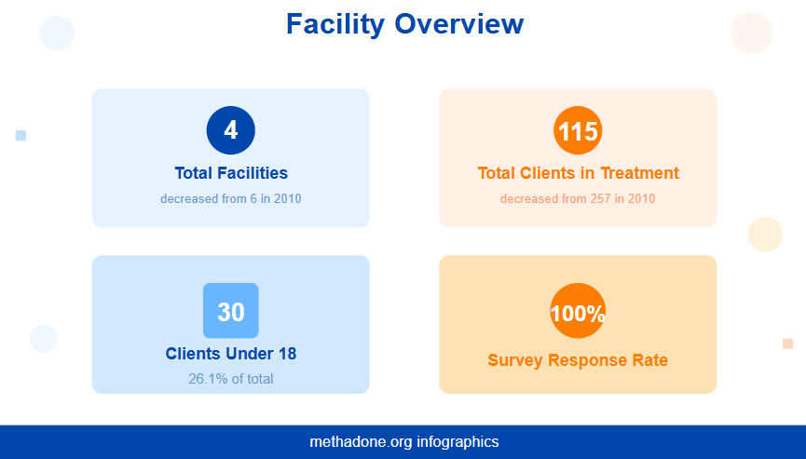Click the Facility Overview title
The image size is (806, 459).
pos(404,24)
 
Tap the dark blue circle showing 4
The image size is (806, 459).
pos(231,130)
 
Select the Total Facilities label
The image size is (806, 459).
pos(231,173)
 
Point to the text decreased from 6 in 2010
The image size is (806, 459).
pos(231,198)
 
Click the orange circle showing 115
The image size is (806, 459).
pos(578,130)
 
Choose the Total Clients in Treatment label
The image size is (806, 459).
pos(578,173)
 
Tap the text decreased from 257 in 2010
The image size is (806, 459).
pos(578,198)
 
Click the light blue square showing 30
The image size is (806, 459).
pos(231,311)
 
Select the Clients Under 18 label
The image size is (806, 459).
pos(231,354)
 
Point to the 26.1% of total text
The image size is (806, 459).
pos(231,379)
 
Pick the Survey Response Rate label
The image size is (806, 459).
pos(578,360)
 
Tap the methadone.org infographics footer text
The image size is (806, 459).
pos(403,442)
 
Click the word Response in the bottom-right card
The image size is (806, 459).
pos(580,360)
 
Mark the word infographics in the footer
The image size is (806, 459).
pos(458,442)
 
